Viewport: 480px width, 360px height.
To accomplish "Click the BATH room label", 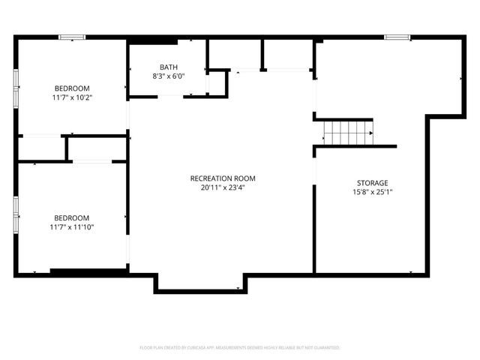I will tap(169, 67).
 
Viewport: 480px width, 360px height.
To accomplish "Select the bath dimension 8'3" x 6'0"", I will tap(169, 76).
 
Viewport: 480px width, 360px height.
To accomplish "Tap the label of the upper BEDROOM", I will tap(72, 88).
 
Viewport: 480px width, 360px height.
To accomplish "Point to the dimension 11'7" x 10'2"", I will tap(72, 97).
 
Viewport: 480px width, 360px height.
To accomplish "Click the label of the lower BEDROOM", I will tap(72, 217).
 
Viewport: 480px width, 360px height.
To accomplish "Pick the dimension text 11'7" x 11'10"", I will tap(72, 226).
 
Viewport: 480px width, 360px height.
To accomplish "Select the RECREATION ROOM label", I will tap(223, 178).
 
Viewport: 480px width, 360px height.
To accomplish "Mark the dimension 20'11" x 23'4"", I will tap(223, 187).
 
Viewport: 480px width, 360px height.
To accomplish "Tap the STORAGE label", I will tap(372, 183).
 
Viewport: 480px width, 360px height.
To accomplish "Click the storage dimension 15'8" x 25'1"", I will tap(372, 192).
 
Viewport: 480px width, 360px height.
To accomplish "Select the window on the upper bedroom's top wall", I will tap(72, 37).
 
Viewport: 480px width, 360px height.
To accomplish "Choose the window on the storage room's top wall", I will tap(397, 37).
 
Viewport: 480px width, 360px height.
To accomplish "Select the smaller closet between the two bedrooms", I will tap(41, 148).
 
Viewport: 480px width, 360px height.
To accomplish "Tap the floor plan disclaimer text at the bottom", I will tap(240, 348).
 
